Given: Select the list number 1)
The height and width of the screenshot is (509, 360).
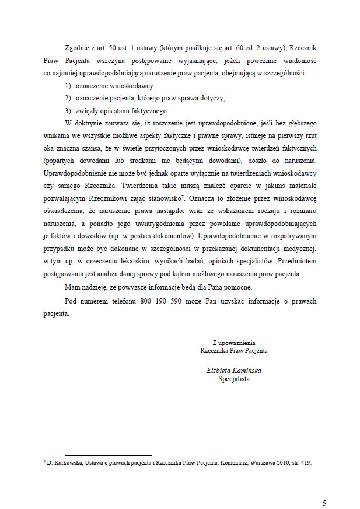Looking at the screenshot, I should (x=68, y=85).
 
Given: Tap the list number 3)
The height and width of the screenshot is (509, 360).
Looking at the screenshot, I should (x=68, y=111).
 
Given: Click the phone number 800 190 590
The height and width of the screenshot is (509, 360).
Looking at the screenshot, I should (x=164, y=301).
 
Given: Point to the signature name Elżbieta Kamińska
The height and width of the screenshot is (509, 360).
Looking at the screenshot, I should (x=233, y=371).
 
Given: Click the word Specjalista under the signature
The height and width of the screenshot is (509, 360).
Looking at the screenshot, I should (x=233, y=379).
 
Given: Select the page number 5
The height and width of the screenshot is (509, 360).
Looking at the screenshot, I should (x=324, y=488).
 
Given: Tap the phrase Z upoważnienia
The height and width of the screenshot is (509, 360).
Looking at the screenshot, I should (x=233, y=343).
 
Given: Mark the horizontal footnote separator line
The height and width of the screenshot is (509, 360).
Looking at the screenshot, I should (x=108, y=455).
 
